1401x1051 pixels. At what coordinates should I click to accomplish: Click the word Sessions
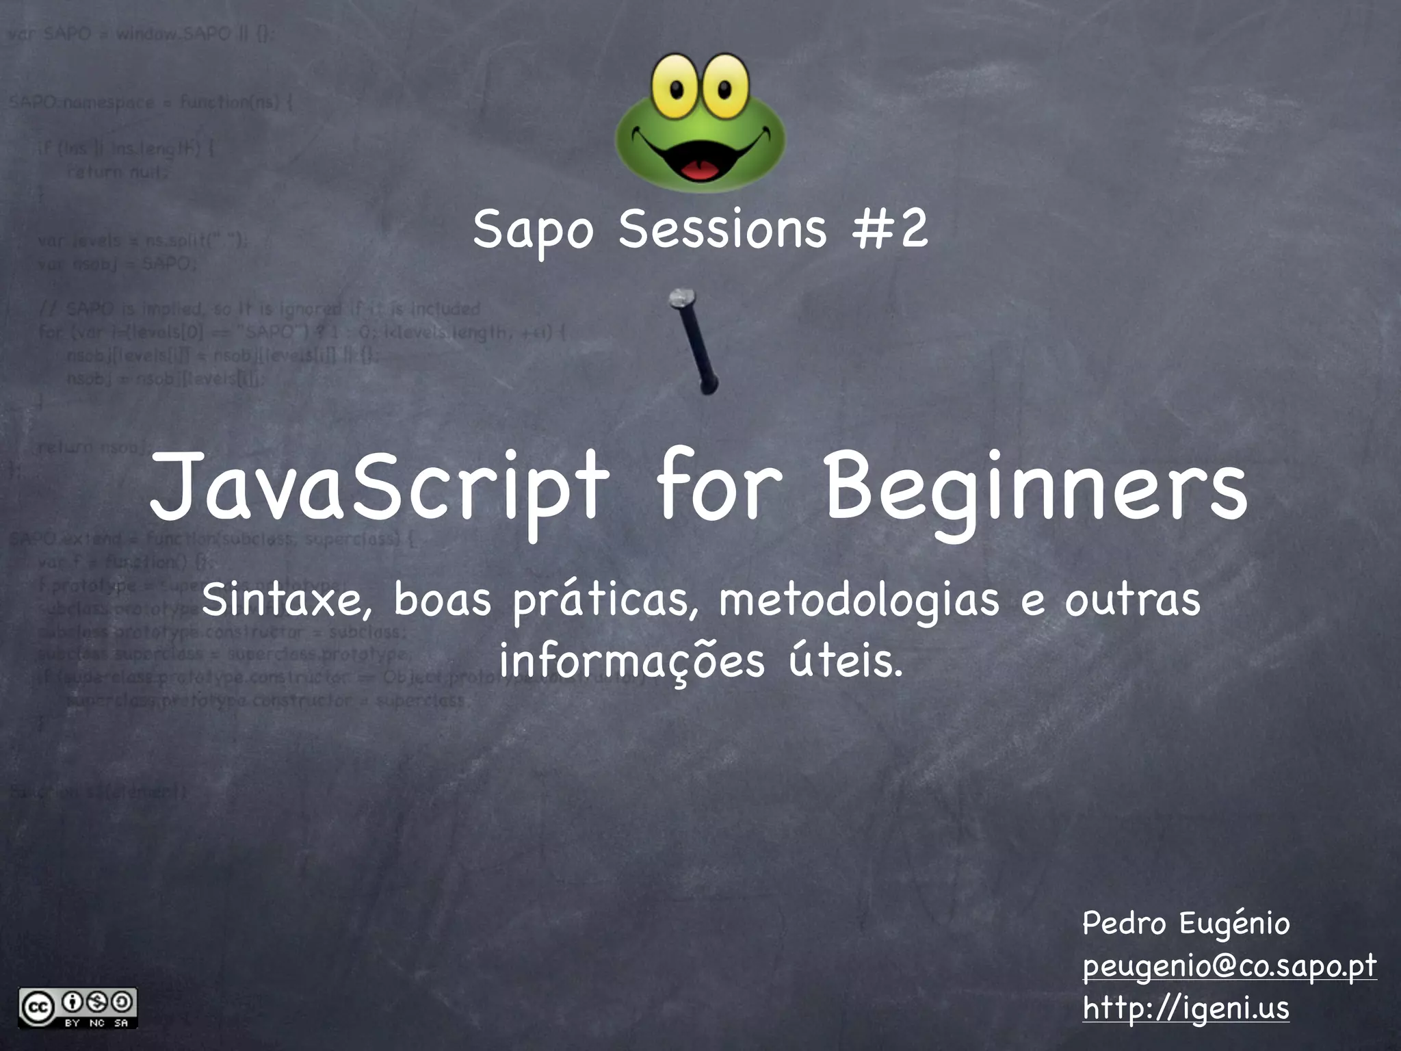coord(722,229)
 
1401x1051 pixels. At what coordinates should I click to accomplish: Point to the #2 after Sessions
coord(890,229)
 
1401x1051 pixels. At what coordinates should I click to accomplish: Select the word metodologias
coord(859,600)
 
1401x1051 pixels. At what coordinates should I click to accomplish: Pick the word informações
coord(631,662)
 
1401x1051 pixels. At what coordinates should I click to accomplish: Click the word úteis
coord(846,660)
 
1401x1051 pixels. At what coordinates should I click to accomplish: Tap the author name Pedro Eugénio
coord(1186,924)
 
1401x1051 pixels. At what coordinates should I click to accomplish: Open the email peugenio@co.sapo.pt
coord(1229,966)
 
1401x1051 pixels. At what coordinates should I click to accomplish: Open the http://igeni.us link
coord(1186,1008)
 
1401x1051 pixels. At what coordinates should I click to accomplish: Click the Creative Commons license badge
coord(78,1008)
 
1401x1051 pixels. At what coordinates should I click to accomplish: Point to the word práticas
coord(606,600)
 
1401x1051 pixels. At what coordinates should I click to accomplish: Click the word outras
coord(1131,600)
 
